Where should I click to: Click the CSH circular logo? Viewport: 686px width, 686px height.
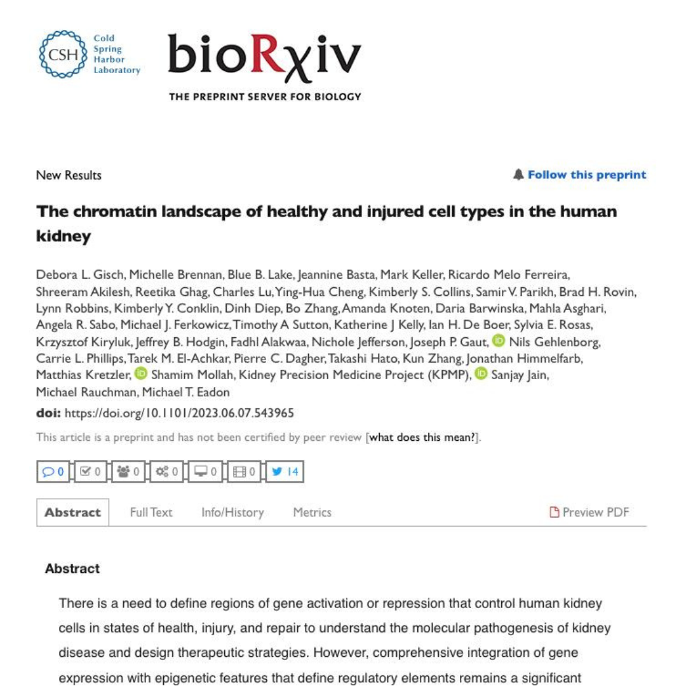[62, 54]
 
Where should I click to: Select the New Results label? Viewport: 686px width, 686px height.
[69, 175]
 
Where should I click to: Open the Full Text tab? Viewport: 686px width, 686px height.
[151, 512]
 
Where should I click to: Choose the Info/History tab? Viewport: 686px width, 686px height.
[232, 512]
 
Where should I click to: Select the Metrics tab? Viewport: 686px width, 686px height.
[312, 512]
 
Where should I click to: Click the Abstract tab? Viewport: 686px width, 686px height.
[72, 512]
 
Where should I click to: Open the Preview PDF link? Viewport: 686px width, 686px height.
[589, 512]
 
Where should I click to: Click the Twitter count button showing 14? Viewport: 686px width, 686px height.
[285, 471]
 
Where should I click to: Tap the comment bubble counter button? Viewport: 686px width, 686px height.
[53, 471]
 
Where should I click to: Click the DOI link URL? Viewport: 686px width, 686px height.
[179, 414]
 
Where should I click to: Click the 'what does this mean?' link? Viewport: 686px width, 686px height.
[422, 437]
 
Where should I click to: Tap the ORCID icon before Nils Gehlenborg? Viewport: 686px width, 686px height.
[499, 341]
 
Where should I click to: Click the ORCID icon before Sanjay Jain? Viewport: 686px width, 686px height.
[481, 374]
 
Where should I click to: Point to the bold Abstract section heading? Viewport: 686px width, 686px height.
[72, 568]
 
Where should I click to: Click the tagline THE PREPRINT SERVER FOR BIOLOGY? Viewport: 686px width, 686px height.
[265, 97]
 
